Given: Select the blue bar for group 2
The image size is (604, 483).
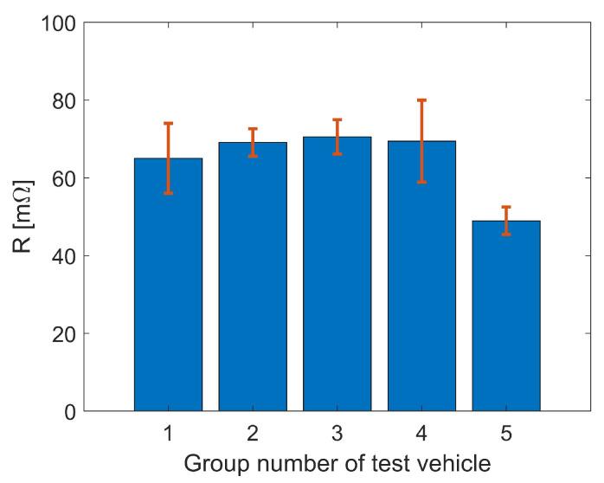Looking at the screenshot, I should (x=253, y=276).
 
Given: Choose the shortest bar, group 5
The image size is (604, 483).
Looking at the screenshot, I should (x=506, y=315).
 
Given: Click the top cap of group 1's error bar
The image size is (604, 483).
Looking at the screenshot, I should (x=168, y=124).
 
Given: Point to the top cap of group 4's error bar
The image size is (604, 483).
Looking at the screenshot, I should (x=421, y=100).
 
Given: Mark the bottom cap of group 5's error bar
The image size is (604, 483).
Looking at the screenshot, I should (x=506, y=234).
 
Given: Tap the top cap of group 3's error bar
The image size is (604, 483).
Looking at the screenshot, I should (x=337, y=119).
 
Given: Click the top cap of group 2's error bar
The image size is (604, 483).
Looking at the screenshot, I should (x=253, y=129).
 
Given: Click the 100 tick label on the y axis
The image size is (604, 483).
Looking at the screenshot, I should (x=56, y=23).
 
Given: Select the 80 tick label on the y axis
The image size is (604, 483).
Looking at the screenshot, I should (x=61, y=100).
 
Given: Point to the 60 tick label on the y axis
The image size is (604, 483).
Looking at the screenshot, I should (x=61, y=178).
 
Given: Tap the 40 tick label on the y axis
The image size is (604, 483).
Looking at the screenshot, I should (x=61, y=256).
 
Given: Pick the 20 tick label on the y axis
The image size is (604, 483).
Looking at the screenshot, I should (x=61, y=333).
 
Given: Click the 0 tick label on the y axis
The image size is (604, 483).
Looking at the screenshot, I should (x=67, y=411).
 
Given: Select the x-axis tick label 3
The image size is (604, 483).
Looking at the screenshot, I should (x=337, y=430).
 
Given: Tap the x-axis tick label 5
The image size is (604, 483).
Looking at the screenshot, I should (x=506, y=430).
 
